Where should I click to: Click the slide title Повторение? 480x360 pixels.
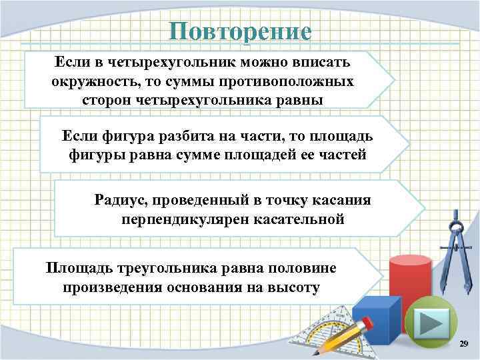(239, 32)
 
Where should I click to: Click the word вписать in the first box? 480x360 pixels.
(321, 64)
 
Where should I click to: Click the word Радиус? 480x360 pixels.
(121, 200)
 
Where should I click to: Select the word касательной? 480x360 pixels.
(305, 219)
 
